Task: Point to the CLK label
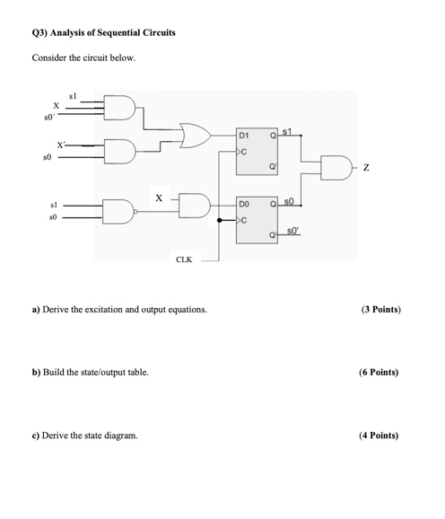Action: point(183,260)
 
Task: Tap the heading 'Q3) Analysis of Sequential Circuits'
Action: point(103,33)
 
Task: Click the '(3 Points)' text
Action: point(380,310)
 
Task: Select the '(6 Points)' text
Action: point(379,372)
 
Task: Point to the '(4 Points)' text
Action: point(379,435)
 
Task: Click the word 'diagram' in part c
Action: point(120,435)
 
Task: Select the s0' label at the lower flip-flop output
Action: point(294,232)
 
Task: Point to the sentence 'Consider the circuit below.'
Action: point(83,58)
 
